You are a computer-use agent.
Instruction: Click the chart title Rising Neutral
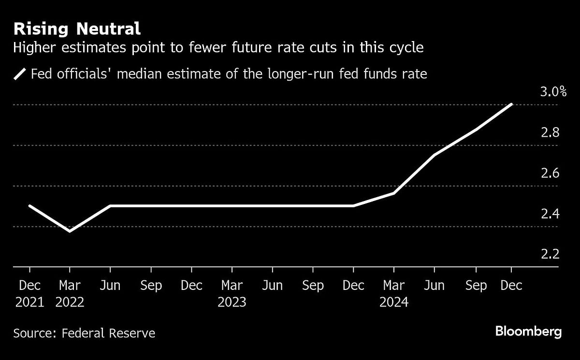[x=77, y=29]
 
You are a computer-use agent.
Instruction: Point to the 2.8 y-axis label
[x=550, y=132]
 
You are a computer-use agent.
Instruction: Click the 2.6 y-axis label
[x=550, y=173]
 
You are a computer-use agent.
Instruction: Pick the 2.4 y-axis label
[x=550, y=214]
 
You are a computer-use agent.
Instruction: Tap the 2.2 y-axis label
[x=550, y=254]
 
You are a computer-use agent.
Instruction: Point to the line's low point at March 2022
[x=70, y=231]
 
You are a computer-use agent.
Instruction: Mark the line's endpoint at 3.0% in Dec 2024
[x=511, y=104]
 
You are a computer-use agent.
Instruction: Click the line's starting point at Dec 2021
[x=29, y=206]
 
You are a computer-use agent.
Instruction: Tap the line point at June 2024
[x=435, y=155]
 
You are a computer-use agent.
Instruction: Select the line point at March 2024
[x=394, y=193]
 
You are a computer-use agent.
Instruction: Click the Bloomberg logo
[x=528, y=332]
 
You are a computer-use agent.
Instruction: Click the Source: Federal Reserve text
[x=84, y=333]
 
